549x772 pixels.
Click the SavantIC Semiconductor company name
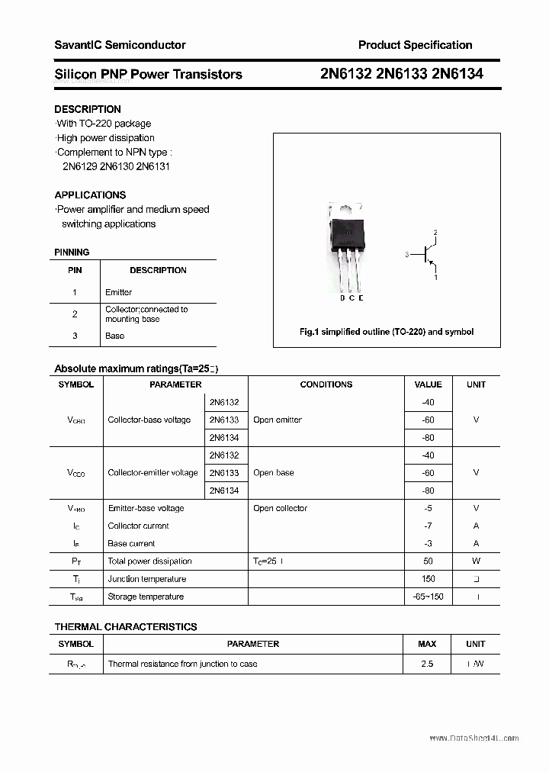point(120,45)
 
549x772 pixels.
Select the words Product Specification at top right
point(415,45)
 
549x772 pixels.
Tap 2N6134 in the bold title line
point(457,74)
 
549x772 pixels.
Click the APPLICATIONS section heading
point(90,195)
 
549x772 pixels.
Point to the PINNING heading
point(72,252)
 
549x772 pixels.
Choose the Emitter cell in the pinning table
point(118,292)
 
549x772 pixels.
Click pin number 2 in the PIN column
point(75,314)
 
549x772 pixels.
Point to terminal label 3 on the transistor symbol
point(407,255)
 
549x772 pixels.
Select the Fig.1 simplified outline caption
point(386,332)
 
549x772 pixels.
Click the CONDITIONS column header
point(326,384)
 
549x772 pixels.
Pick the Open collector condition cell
point(280,508)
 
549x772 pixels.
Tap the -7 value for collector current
point(428,526)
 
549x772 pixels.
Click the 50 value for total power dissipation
point(428,561)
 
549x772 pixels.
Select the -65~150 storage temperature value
point(428,597)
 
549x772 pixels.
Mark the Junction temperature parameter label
point(146,579)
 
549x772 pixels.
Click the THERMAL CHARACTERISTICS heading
point(126,626)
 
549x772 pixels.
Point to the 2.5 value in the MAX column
point(427,664)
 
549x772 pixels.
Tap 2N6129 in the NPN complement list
point(79,166)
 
